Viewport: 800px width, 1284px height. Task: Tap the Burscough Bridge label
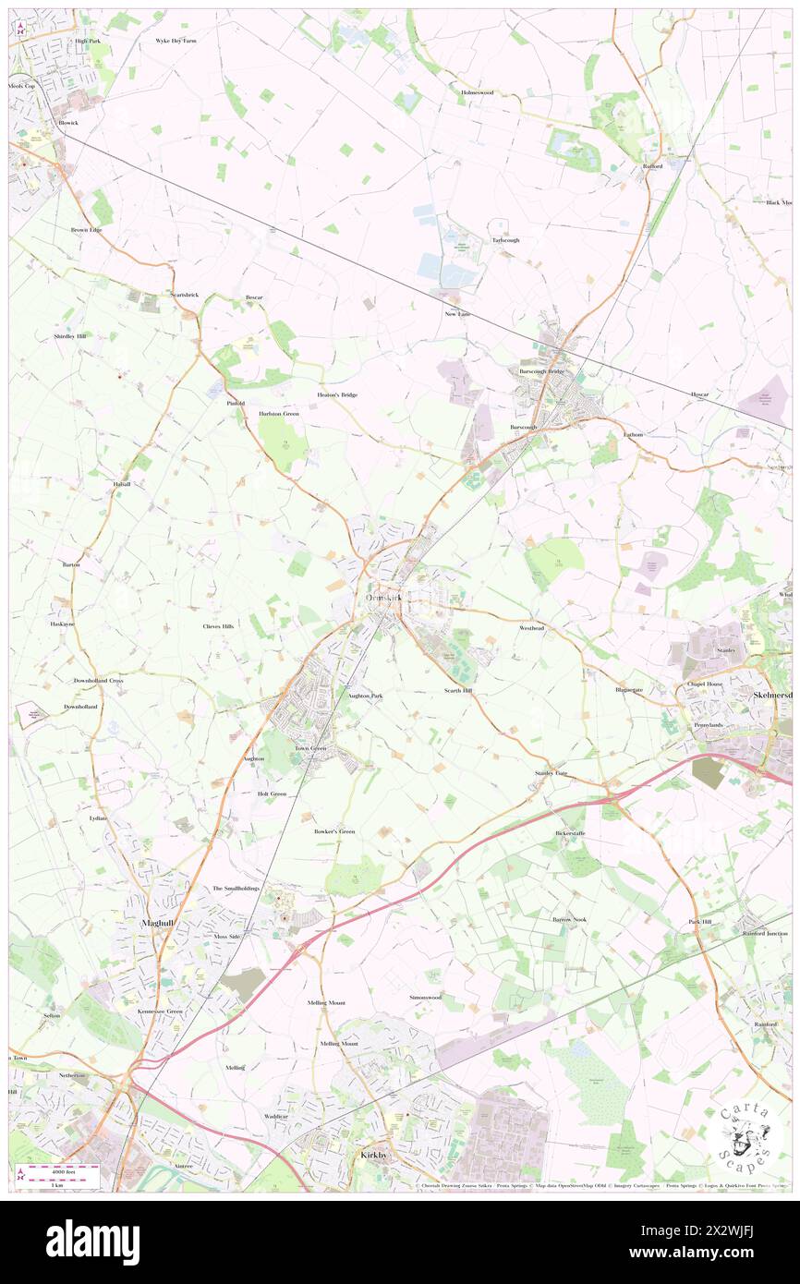click(542, 371)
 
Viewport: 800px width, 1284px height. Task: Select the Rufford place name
click(653, 166)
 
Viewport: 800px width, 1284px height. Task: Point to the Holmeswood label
click(478, 92)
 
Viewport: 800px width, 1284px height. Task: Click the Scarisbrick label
click(185, 294)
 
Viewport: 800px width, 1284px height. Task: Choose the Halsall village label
click(122, 484)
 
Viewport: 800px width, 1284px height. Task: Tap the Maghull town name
click(158, 922)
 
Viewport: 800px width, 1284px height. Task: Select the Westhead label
click(531, 627)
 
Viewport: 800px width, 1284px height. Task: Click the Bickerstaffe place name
click(570, 833)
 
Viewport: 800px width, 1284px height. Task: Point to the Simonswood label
click(425, 998)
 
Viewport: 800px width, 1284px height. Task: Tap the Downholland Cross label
click(99, 680)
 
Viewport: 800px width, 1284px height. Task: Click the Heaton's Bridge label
click(337, 394)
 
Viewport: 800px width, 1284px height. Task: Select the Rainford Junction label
click(765, 933)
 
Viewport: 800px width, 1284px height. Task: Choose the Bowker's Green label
click(334, 831)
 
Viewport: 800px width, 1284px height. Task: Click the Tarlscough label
click(505, 240)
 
